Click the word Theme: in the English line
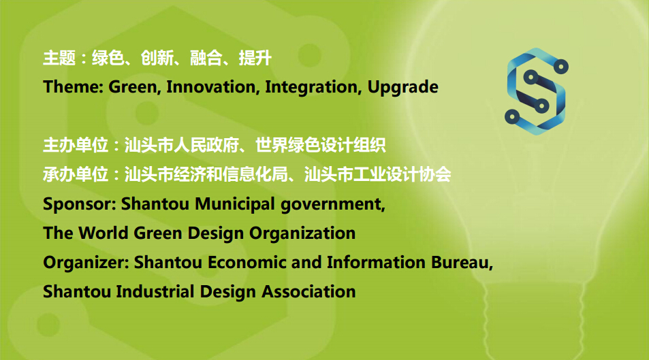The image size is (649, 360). coord(74,87)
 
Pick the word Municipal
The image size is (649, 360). coord(235,204)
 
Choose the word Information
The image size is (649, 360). coord(376,263)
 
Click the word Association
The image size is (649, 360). coord(308,291)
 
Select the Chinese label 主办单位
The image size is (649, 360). coord(76,145)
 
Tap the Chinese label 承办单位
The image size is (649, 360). coord(76,174)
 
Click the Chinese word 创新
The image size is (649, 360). coord(157,58)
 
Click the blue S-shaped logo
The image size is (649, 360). coord(537,91)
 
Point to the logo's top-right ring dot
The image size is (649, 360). coord(561,66)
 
